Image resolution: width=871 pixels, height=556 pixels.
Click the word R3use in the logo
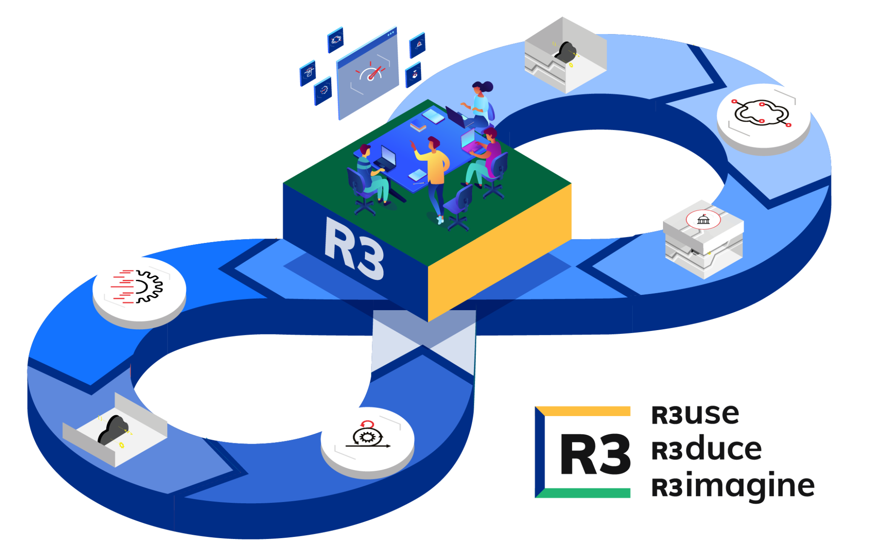[695, 415]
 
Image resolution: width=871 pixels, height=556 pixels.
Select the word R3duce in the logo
[706, 450]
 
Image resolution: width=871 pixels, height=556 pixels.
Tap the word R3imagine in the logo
[732, 486]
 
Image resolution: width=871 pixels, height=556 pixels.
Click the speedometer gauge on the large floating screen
[370, 73]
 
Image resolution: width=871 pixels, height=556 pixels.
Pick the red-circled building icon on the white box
[703, 220]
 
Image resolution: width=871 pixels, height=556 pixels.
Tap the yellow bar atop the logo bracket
[587, 411]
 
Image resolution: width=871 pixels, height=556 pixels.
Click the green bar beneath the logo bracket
[587, 493]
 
